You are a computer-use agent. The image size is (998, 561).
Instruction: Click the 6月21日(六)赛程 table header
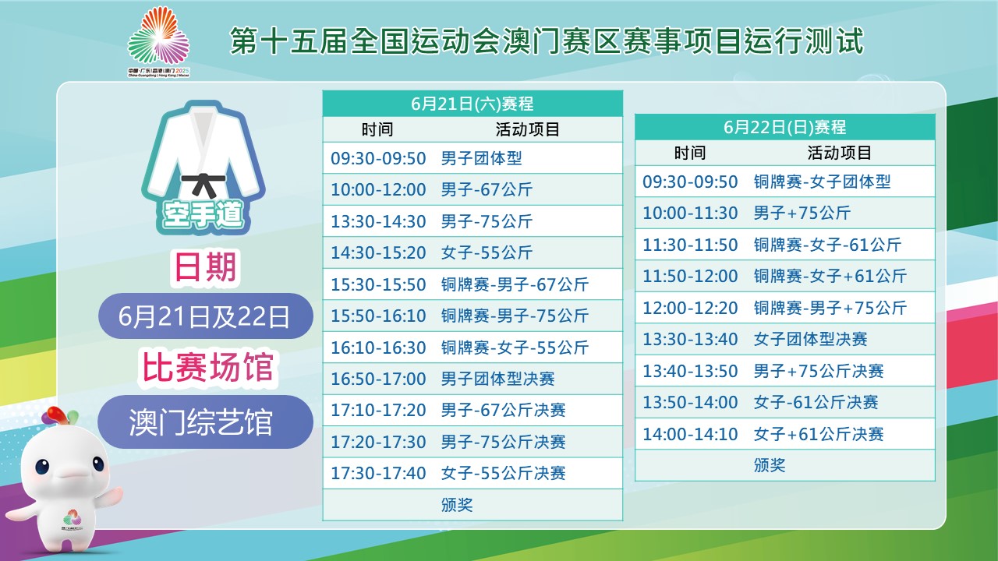472,104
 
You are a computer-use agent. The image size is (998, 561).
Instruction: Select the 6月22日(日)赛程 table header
784,127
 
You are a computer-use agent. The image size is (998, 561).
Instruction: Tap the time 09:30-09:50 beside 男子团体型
378,158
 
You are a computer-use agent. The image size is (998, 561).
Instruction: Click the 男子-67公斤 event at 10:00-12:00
487,189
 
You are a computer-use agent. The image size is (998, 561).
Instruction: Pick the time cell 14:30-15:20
378,253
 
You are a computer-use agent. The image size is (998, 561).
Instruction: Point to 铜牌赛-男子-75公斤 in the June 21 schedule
515,316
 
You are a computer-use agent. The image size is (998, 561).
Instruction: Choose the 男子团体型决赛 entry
497,379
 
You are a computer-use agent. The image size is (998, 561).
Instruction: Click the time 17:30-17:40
378,473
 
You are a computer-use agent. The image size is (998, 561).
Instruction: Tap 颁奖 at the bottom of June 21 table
457,505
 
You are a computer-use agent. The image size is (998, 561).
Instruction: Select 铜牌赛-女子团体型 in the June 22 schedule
822,182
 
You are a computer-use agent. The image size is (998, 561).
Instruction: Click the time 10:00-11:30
690,213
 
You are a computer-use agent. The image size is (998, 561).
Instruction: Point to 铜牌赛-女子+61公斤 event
830,276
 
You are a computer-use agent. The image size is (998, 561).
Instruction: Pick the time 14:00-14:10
690,434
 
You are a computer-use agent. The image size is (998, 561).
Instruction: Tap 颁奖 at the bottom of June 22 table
770,465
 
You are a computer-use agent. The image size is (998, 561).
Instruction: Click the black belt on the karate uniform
204,183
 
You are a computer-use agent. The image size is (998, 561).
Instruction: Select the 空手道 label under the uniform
203,214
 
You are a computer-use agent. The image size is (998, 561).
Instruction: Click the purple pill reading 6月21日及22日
205,316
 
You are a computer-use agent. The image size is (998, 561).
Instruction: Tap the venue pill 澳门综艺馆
205,422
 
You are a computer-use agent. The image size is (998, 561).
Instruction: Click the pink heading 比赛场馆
207,368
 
